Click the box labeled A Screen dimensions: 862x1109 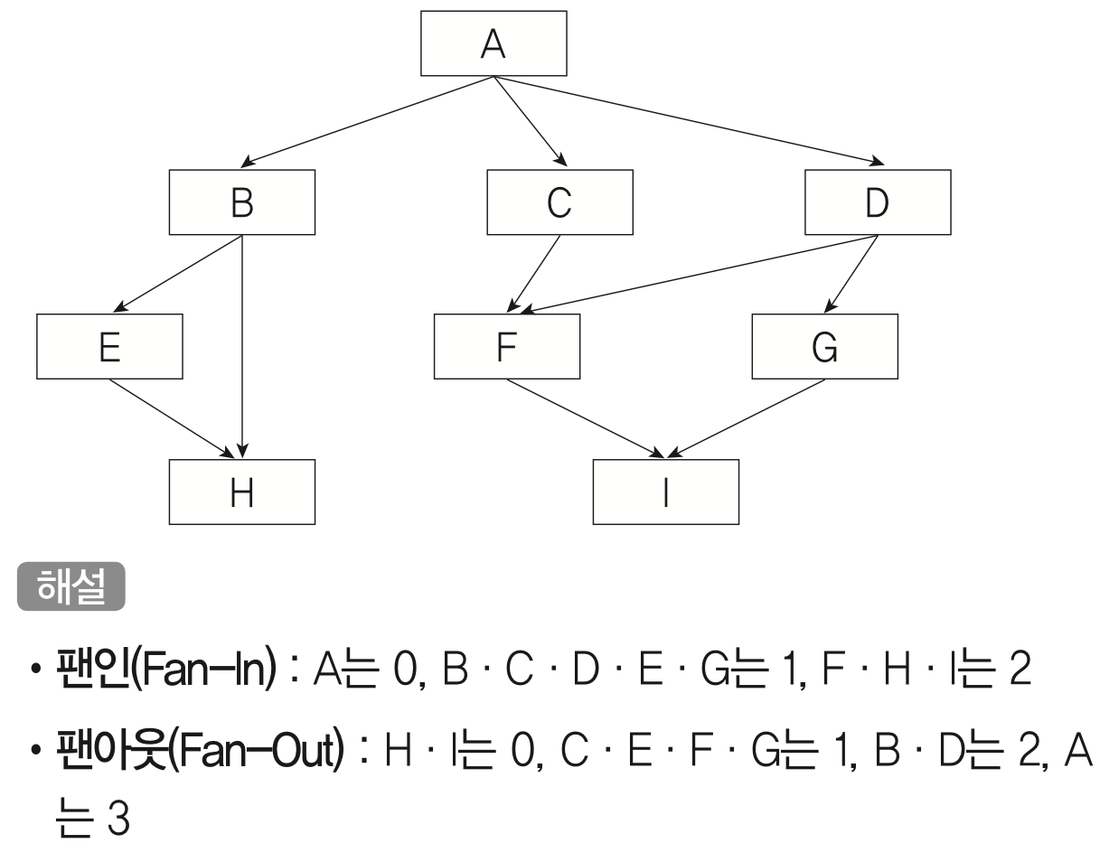point(493,43)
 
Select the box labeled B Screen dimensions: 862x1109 point(242,201)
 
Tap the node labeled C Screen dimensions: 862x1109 point(559,201)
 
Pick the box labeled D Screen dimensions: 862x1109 point(878,201)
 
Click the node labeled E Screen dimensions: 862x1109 point(109,346)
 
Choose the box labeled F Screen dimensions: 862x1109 point(506,346)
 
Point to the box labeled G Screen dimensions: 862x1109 point(824,346)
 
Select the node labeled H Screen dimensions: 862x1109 point(242,492)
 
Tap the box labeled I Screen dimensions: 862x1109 point(666,492)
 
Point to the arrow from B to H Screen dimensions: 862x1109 point(243,343)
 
